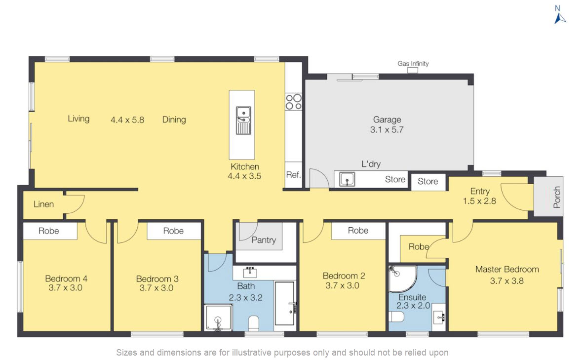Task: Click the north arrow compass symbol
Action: (x=560, y=18)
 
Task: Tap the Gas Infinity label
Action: (x=413, y=63)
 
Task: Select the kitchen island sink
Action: (x=243, y=120)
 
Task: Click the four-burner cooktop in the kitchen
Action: (x=294, y=102)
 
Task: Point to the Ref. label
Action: (x=294, y=175)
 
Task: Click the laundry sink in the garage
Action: (x=347, y=179)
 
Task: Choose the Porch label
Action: (x=557, y=198)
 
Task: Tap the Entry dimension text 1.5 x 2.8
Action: (x=479, y=201)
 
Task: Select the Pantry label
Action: (x=264, y=240)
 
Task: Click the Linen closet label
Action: (x=43, y=204)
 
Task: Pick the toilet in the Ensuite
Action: (x=396, y=317)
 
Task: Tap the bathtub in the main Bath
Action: (x=284, y=303)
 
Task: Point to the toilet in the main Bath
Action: (x=254, y=323)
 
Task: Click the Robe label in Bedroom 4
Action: (x=49, y=231)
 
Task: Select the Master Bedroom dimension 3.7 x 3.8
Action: (x=506, y=281)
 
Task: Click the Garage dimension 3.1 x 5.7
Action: (x=387, y=130)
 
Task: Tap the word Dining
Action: (x=174, y=120)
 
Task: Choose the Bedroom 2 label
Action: (x=344, y=276)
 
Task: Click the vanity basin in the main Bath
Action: (x=250, y=273)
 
